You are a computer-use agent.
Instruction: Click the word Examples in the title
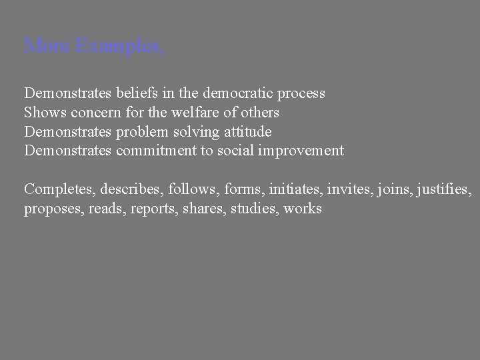point(119,47)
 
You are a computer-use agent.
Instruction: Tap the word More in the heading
point(48,47)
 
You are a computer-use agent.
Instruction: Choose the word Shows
point(41,112)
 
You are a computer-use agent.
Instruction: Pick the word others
point(259,112)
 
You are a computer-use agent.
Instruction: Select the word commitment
point(155,151)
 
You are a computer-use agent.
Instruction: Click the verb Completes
point(59,189)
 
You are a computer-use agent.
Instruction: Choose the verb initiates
point(297,189)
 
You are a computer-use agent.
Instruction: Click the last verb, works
point(303,209)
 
